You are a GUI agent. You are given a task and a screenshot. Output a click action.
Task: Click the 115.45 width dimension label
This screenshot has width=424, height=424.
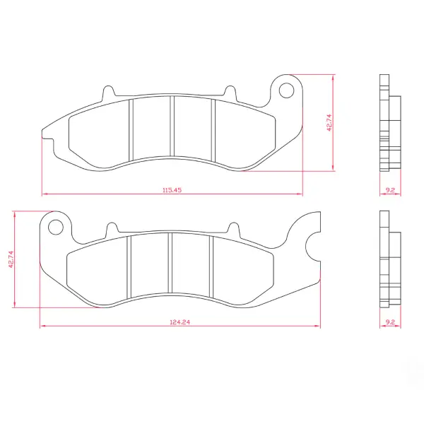click(172, 190)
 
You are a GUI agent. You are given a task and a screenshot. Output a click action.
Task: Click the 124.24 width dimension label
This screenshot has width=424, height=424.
click(179, 322)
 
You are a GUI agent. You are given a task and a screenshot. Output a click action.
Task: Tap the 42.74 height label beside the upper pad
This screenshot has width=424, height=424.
click(329, 123)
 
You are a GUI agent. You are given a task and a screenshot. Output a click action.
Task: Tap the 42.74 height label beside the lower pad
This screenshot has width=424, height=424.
click(11, 259)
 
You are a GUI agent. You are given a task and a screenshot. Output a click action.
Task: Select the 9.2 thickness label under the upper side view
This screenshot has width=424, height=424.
click(390, 190)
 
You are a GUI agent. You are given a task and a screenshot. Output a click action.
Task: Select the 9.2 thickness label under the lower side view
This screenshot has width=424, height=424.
click(390, 322)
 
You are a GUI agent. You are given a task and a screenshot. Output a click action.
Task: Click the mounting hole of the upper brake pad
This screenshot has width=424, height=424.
click(286, 90)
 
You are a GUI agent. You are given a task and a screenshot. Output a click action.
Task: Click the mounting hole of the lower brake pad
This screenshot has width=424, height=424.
click(56, 227)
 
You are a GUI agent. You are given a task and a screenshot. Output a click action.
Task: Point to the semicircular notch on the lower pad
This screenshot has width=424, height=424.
click(307, 247)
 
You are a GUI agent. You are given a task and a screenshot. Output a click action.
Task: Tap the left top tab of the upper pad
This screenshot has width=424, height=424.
click(109, 92)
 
